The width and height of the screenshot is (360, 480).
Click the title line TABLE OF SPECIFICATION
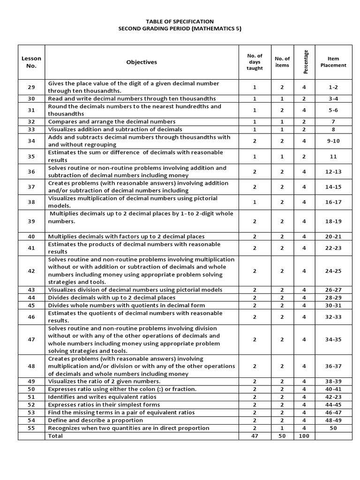click(x=180, y=22)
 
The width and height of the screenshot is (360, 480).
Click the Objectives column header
click(x=142, y=62)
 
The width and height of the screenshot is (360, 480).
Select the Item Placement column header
click(x=333, y=62)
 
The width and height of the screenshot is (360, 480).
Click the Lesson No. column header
click(x=31, y=62)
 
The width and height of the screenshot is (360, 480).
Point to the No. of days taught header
click(x=255, y=62)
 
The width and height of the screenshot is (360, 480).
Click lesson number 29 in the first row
click(x=31, y=87)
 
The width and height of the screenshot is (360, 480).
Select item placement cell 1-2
click(x=333, y=87)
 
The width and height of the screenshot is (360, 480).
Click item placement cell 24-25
click(x=333, y=270)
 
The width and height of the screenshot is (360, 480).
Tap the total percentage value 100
click(x=304, y=436)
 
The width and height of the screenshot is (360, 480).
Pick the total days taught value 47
click(x=255, y=436)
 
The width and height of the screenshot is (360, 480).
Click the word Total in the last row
click(x=55, y=436)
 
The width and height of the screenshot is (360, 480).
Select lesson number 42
click(x=31, y=270)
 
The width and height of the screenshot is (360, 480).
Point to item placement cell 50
click(x=333, y=428)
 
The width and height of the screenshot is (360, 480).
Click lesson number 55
click(x=31, y=428)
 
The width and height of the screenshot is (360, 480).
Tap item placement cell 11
click(x=333, y=156)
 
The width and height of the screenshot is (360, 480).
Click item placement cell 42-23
click(x=333, y=397)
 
